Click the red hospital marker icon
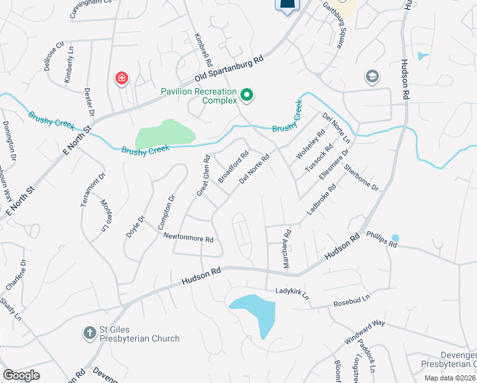(121, 79)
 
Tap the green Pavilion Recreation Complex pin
(247, 96)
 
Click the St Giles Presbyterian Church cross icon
(89, 333)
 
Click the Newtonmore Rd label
(188, 238)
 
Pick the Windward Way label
(365, 331)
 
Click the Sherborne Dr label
(361, 178)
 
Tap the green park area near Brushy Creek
(165, 135)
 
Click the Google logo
(21, 375)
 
